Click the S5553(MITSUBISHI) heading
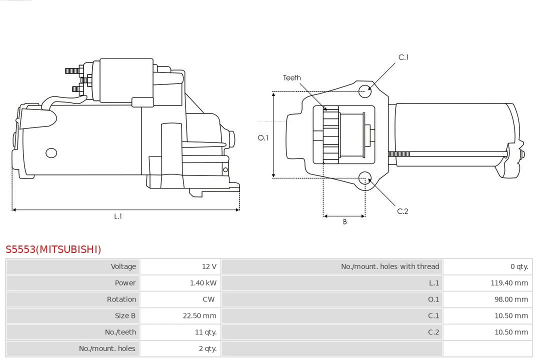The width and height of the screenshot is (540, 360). (x=53, y=249)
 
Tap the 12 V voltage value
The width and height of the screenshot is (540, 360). (x=209, y=266)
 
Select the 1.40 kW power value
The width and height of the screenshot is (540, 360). (x=203, y=283)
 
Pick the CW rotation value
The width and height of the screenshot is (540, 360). (x=208, y=299)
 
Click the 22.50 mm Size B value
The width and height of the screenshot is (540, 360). (x=199, y=315)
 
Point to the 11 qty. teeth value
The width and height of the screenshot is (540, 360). (x=205, y=332)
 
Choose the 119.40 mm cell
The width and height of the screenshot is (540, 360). (x=509, y=283)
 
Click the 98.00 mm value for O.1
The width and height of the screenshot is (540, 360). (x=511, y=299)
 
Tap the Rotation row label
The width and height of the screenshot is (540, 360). (x=121, y=299)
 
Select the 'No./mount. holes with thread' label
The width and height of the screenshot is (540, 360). (x=390, y=266)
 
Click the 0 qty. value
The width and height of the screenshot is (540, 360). (x=519, y=266)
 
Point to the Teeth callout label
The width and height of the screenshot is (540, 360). (x=291, y=78)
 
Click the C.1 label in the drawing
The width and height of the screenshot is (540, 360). (x=403, y=57)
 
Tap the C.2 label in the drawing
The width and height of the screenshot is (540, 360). (x=402, y=211)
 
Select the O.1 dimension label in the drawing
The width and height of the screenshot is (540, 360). (x=263, y=138)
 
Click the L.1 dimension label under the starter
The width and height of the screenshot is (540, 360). (x=118, y=216)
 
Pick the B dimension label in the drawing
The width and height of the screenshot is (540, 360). (x=344, y=222)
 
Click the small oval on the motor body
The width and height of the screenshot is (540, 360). (x=51, y=153)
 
